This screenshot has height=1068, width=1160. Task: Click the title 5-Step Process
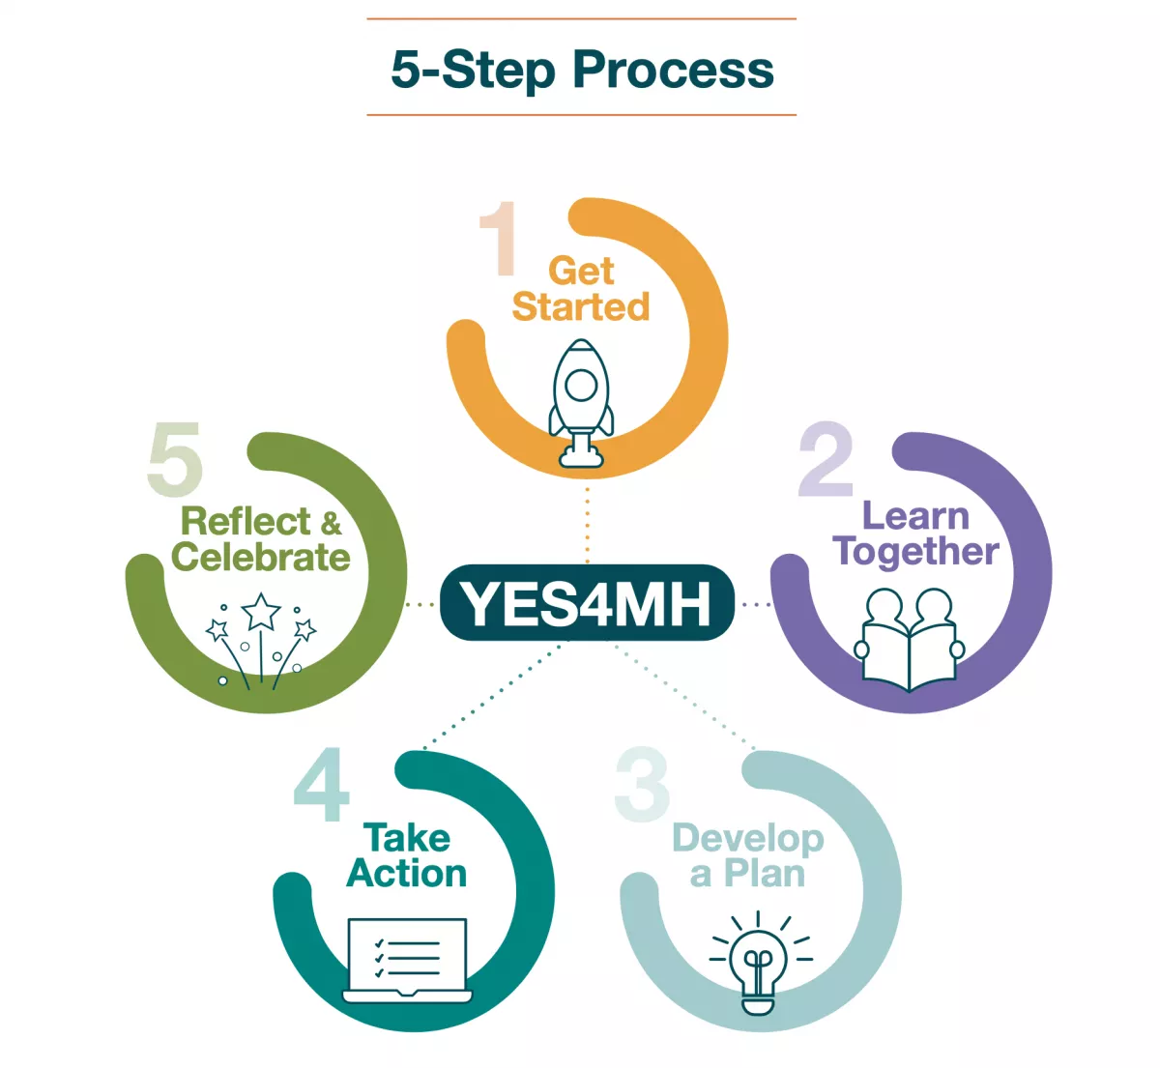pyautogui.click(x=582, y=70)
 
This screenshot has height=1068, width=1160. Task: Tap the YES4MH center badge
pyautogui.click(x=587, y=603)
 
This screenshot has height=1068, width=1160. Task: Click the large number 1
pyautogui.click(x=498, y=239)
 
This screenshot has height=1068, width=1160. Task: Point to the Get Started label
pyautogui.click(x=581, y=289)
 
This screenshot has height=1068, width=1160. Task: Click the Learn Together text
pyautogui.click(x=915, y=534)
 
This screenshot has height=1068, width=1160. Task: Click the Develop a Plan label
pyautogui.click(x=748, y=855)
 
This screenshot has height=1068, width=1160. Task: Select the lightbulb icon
pyautogui.click(x=759, y=964)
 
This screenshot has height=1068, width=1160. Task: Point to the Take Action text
pyautogui.click(x=407, y=855)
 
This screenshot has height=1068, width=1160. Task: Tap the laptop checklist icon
pyautogui.click(x=407, y=960)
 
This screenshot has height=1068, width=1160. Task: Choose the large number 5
pyautogui.click(x=175, y=460)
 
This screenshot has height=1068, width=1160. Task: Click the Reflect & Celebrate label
pyautogui.click(x=261, y=539)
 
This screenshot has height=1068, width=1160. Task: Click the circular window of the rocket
pyautogui.click(x=581, y=386)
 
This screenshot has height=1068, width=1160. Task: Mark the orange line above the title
pyautogui.click(x=581, y=18)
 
